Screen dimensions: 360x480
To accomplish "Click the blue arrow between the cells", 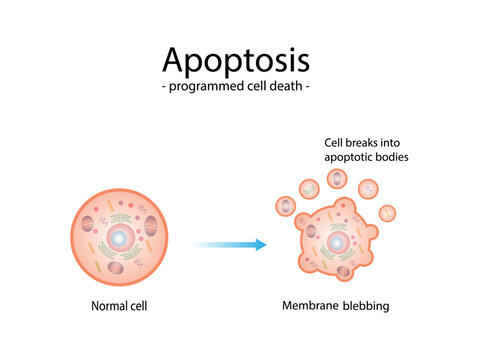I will tap(231, 244).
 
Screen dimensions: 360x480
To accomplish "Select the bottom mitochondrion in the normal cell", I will tap(115, 267).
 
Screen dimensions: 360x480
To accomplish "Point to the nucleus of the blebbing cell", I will tap(335, 243).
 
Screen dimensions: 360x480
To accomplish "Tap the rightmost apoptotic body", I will tap(388, 212).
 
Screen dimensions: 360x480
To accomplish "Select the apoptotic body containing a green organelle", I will tap(310, 187).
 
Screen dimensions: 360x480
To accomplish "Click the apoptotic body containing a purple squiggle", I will tap(368, 188).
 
